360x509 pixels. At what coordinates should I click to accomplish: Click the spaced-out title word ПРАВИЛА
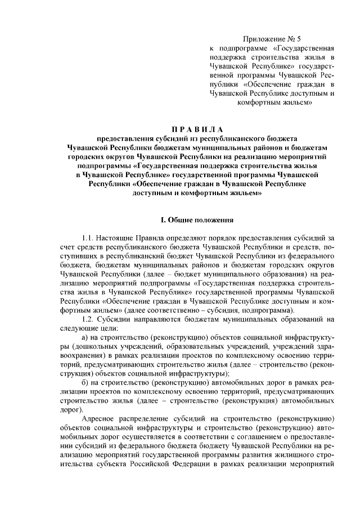click(x=179, y=129)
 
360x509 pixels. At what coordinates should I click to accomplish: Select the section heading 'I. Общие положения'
click(x=179, y=219)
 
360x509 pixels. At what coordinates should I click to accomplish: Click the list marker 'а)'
click(x=85, y=337)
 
